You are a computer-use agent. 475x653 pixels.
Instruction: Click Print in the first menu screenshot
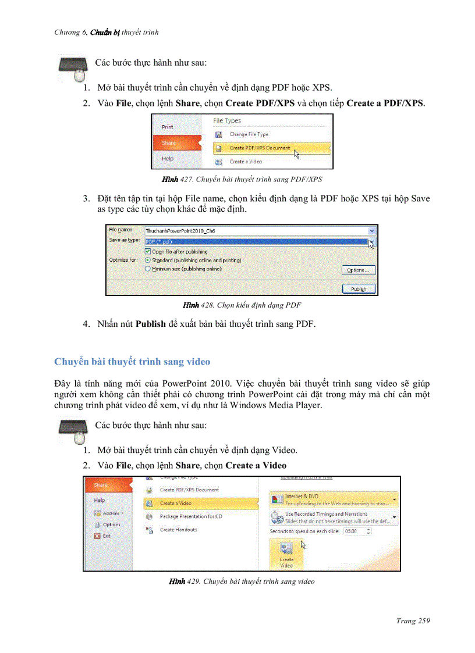coord(168,126)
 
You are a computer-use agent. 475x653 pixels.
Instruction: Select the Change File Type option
coord(249,134)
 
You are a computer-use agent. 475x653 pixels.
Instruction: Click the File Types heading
coord(226,121)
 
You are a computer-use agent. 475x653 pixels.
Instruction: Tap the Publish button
coord(359,288)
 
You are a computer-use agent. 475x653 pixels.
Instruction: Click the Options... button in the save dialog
coord(359,270)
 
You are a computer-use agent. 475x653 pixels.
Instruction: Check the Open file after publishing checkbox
coord(148,252)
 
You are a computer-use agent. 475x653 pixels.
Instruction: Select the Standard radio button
coord(148,261)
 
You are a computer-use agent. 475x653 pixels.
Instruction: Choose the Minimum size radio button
coord(148,269)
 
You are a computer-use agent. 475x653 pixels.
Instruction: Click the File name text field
coord(256,231)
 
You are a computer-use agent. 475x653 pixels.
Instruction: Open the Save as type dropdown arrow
coord(372,241)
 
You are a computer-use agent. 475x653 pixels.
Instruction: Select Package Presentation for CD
coord(191,516)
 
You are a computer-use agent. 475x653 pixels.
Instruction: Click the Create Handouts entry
coord(178,530)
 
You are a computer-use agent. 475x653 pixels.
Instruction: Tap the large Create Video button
coord(286,554)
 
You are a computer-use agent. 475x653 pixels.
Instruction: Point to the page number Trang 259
coord(413,621)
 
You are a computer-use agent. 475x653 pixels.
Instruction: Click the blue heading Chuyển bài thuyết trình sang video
coord(132,362)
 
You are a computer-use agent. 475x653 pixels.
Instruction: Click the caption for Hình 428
coord(242,305)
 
